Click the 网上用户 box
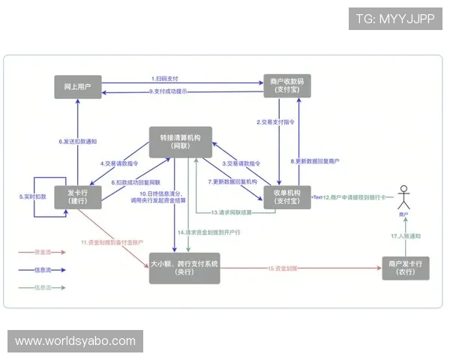(79, 86)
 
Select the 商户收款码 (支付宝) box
(285, 85)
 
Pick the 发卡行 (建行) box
(79, 194)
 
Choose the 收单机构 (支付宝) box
(284, 195)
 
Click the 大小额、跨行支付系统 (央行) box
(184, 268)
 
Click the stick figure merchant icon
(406, 199)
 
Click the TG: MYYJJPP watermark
(394, 19)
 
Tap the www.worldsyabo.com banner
(75, 341)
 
